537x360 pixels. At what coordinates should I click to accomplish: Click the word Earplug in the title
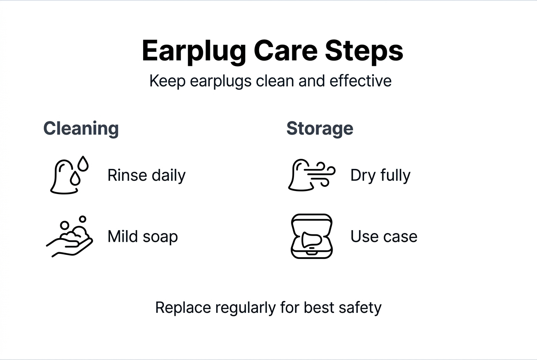click(194, 51)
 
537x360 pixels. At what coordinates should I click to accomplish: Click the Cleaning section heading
click(81, 128)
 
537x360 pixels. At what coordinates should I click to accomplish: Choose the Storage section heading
click(319, 128)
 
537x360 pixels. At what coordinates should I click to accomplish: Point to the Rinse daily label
click(146, 175)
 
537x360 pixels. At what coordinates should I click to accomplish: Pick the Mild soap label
click(142, 236)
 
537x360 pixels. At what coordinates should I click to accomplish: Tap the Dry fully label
click(380, 175)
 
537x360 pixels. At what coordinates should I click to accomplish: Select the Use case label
click(384, 236)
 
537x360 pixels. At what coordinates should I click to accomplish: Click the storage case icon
click(311, 236)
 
